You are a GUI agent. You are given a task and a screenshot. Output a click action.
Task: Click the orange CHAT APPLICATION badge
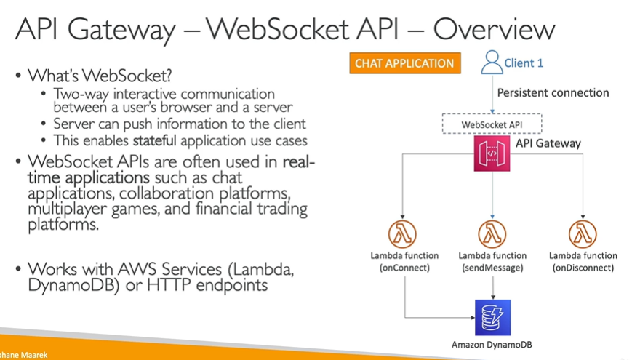coord(404,63)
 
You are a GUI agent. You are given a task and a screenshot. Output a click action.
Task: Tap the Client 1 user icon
coord(492,61)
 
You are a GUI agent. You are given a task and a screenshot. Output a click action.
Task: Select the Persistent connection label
coord(553,92)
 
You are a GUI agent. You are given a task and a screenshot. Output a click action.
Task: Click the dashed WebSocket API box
coord(492,124)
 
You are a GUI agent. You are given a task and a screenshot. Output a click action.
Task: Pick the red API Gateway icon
coord(492,153)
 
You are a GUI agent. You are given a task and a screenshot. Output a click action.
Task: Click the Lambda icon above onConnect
coord(404,234)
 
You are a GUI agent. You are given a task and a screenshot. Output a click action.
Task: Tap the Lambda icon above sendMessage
coord(492,234)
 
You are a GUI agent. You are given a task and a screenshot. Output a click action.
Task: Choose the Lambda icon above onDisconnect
coord(583,234)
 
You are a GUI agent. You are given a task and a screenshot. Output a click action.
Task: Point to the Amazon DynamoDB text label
coord(492,344)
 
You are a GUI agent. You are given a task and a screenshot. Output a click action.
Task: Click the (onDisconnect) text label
coord(583,268)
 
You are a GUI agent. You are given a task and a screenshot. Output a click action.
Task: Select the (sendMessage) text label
coord(492,268)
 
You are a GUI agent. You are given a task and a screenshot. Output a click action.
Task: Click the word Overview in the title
coord(494,30)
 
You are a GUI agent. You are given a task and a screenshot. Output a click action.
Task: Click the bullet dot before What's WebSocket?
coord(17,76)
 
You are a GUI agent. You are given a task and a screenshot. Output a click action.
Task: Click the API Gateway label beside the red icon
coord(548,143)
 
